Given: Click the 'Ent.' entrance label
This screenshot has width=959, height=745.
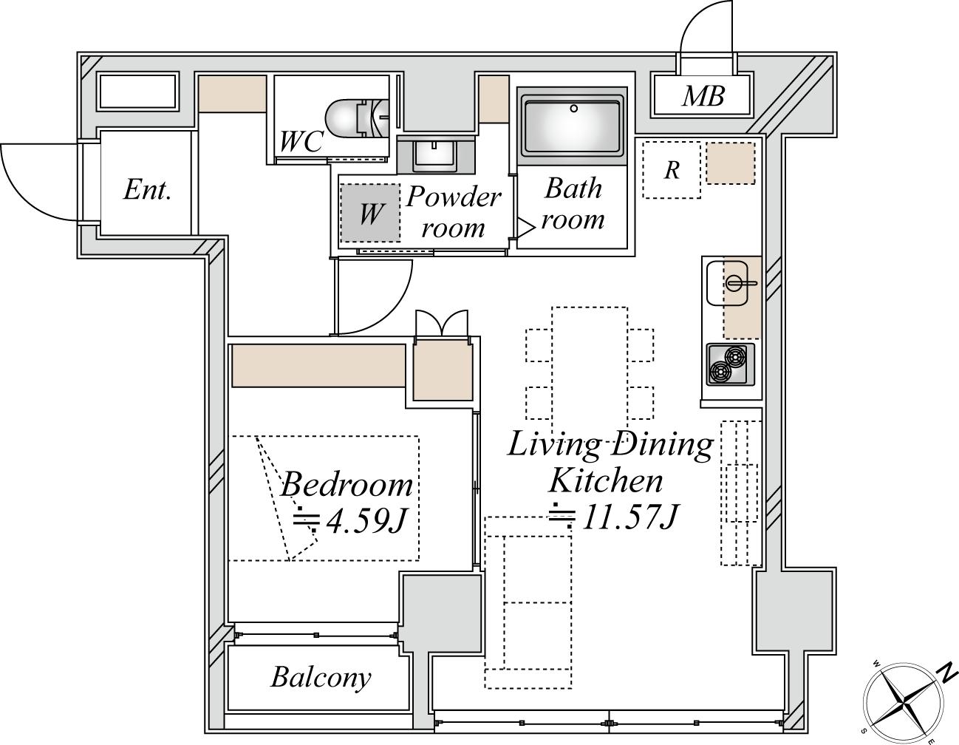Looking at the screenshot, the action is coord(148,190).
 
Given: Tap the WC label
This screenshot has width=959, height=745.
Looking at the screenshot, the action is coord(302,141).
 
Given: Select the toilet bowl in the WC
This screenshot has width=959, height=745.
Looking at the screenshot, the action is coord(357,118).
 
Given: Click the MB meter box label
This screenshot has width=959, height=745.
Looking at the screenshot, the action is coord(703,96).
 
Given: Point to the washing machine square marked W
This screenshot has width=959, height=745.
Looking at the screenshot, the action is coord(370,213).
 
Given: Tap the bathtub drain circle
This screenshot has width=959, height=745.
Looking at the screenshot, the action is coord(574,109).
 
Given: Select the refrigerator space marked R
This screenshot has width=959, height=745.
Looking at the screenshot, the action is coord(672,170).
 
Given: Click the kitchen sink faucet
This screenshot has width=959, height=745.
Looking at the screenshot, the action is coord(740,283).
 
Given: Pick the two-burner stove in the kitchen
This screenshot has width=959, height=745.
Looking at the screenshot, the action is coord(731,364).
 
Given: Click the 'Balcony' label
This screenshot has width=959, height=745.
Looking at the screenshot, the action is coord(321,677).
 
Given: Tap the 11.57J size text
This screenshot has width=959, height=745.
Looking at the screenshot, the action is coord(629,517).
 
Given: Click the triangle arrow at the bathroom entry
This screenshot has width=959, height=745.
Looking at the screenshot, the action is coord(526,228).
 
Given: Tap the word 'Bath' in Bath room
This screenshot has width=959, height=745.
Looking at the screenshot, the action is coord(573,189).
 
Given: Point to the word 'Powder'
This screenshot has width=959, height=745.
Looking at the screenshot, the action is coord(454,197).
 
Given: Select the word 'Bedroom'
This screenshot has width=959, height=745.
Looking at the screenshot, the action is coord(347,485).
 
